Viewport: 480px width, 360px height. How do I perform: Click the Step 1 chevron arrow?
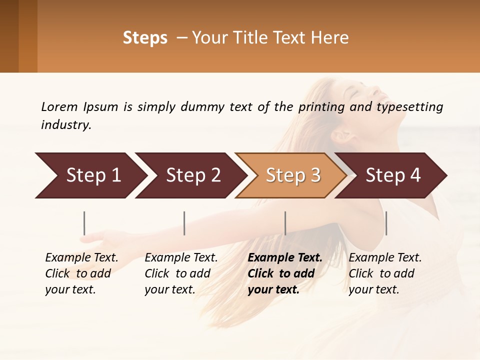pyautogui.click(x=90, y=175)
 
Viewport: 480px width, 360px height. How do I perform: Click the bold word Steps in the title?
pyautogui.click(x=145, y=38)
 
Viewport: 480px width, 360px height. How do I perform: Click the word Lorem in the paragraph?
pyautogui.click(x=59, y=107)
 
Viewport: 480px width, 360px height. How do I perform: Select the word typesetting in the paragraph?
pyautogui.click(x=409, y=107)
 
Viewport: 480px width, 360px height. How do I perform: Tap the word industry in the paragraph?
pyautogui.click(x=66, y=125)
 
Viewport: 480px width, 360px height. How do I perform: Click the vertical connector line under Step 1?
pyautogui.click(x=84, y=223)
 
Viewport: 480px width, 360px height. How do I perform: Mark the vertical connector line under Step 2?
pyautogui.click(x=184, y=223)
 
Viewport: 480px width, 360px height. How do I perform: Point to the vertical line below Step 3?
pyautogui.click(x=285, y=223)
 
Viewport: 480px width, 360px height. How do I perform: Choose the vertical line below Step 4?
pyautogui.click(x=386, y=223)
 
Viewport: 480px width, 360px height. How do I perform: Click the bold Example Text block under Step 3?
pyautogui.click(x=285, y=273)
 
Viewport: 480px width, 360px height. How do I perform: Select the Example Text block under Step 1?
pyautogui.click(x=81, y=273)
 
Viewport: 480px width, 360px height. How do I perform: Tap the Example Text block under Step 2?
pyautogui.click(x=181, y=273)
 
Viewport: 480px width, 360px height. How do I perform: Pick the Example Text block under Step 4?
pyautogui.click(x=385, y=273)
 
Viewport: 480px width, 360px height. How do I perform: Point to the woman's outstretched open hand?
pyautogui.click(x=97, y=237)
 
